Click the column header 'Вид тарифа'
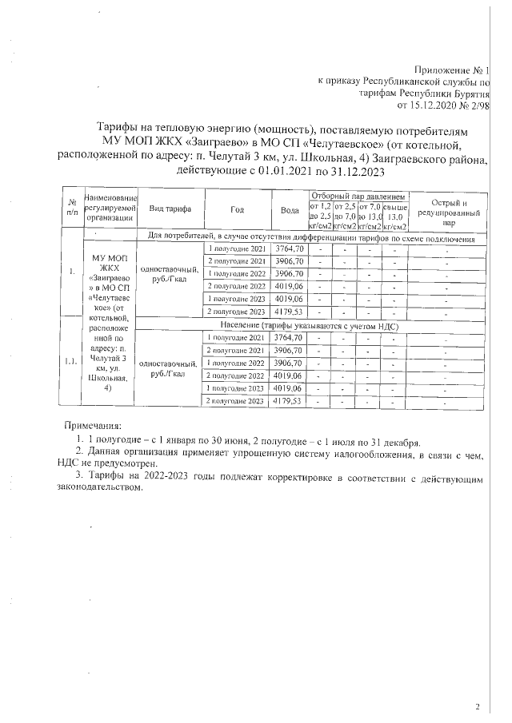[170, 209]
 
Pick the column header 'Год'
[237, 209]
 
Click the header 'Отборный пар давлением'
[358, 196]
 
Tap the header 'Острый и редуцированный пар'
[449, 213]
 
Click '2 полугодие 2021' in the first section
[237, 261]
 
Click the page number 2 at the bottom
[477, 706]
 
